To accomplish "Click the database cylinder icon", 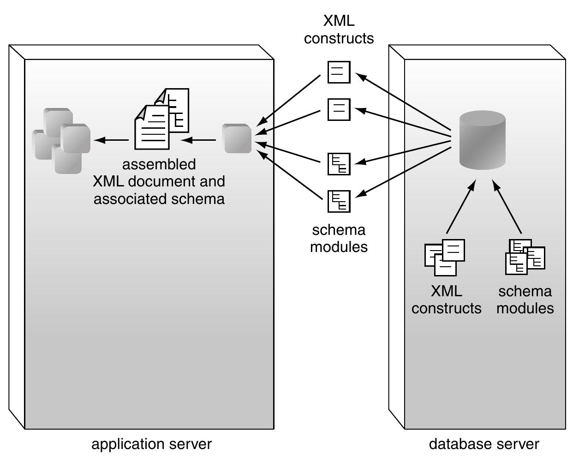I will coord(483,140).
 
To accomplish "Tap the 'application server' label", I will coord(151,444).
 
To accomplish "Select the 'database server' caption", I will coord(484,444).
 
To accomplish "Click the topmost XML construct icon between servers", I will coord(339,72).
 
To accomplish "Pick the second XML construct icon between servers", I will coord(339,109).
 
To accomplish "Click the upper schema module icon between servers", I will coord(339,164).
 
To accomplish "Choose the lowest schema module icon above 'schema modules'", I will coord(339,201).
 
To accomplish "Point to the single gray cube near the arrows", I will coord(237,138).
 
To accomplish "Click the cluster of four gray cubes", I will coord(62,140).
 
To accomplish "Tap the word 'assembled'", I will coord(159,164).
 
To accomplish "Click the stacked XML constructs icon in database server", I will coord(444,257).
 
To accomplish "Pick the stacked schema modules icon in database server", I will coord(525,257).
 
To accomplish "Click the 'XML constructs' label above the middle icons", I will coord(339,30).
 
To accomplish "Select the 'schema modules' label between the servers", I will coord(339,238).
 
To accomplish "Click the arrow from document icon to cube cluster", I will coord(111,140).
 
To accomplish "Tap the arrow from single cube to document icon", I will coord(198,140).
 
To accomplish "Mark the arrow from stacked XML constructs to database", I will coord(460,207).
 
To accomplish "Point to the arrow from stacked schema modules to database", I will coord(507,207).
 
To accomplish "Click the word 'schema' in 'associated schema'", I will coord(202,199).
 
